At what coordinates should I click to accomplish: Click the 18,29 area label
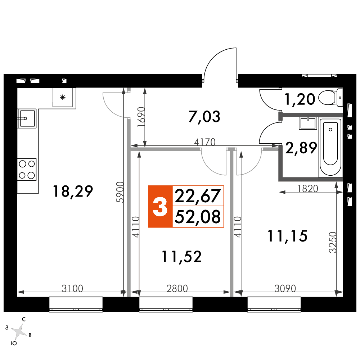(73, 191)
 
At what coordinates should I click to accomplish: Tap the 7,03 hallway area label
(204, 116)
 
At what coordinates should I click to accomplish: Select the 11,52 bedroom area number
(181, 256)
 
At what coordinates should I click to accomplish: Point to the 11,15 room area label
(287, 236)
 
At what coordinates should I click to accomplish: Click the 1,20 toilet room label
(300, 99)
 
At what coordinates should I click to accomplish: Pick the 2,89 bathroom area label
(301, 148)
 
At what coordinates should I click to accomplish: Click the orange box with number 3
(160, 206)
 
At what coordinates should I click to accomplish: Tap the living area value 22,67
(198, 196)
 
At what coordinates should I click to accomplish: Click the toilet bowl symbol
(330, 98)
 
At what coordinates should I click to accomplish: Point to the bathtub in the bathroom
(330, 147)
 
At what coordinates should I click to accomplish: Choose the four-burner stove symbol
(27, 169)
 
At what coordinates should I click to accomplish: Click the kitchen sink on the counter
(27, 118)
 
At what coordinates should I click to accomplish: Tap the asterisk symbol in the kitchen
(62, 97)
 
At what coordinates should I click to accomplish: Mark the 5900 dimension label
(120, 192)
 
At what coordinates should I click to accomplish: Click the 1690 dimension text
(141, 117)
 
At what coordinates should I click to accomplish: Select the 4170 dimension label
(205, 142)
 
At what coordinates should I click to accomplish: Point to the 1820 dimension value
(308, 189)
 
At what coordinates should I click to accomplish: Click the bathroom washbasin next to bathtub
(308, 123)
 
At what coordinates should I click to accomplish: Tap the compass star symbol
(19, 332)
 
